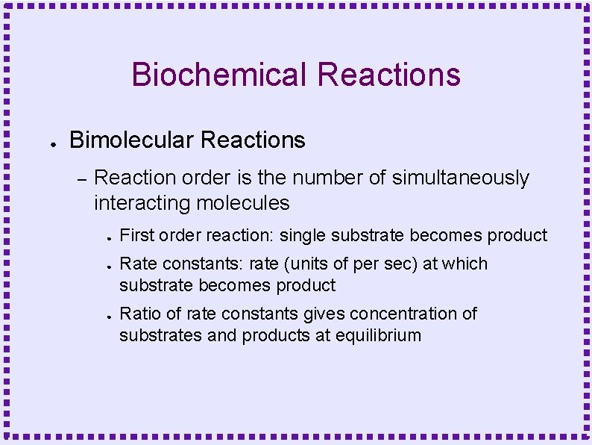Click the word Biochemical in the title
[219, 75]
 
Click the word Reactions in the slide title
[388, 75]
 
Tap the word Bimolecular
[132, 140]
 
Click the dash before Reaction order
[83, 179]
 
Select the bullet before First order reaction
[109, 238]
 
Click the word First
[134, 235]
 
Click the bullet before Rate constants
[109, 267]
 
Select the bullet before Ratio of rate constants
[109, 317]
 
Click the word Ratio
[138, 314]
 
